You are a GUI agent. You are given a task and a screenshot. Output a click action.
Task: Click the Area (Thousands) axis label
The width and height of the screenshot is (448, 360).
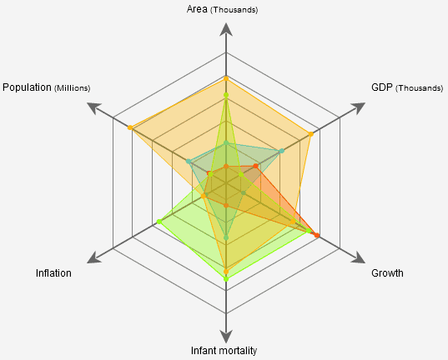[x=224, y=9]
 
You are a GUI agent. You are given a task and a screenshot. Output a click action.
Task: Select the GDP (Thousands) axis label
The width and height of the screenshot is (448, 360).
[x=406, y=87]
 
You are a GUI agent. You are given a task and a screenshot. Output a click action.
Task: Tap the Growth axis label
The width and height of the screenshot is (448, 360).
[x=387, y=273]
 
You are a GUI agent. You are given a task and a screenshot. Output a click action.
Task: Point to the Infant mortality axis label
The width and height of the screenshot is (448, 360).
[x=224, y=350]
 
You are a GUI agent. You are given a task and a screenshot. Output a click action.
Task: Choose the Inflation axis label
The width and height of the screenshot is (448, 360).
[x=53, y=273]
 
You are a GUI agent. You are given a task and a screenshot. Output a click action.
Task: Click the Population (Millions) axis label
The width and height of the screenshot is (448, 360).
[x=47, y=87]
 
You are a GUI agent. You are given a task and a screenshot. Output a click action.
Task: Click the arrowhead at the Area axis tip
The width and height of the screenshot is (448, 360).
[x=225, y=29]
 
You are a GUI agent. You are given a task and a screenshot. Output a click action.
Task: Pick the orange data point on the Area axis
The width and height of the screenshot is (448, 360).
[x=225, y=78]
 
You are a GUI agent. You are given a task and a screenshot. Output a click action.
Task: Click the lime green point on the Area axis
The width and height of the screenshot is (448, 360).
[x=225, y=95]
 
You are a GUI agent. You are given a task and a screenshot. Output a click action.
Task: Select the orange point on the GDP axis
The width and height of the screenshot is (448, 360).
[x=310, y=134]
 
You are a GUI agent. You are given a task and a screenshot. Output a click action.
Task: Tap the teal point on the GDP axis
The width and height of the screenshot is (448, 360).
[x=282, y=151]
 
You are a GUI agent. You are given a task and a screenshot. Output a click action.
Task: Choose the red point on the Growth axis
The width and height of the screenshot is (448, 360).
[x=317, y=236]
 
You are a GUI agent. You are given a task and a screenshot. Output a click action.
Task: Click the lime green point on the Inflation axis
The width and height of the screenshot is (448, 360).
[x=159, y=221]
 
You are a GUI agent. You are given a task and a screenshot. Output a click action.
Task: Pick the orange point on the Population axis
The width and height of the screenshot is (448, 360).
[x=130, y=127]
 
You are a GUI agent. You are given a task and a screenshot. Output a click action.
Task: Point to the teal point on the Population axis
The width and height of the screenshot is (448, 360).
[x=189, y=161]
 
